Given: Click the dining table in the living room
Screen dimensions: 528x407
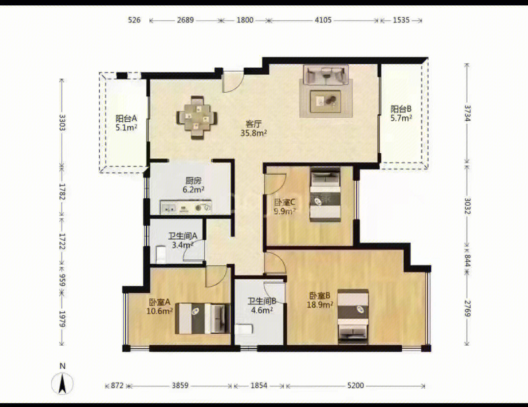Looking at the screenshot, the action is [x=196, y=118].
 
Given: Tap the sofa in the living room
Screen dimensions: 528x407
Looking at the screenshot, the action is [x=326, y=75].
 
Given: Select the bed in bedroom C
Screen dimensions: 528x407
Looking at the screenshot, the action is [x=325, y=194].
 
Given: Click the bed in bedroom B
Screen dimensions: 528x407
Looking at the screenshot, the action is [x=353, y=317].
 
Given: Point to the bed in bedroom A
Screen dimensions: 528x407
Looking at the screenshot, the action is [x=202, y=318].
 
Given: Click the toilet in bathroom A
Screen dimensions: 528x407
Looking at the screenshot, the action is [x=161, y=254].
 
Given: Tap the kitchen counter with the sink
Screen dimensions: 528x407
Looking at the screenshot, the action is [x=186, y=207].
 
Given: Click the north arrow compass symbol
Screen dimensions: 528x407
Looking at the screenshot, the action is [x=62, y=383].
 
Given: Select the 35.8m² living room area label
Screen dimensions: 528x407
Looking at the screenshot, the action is [x=253, y=133].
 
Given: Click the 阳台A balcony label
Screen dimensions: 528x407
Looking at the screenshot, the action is [x=126, y=118].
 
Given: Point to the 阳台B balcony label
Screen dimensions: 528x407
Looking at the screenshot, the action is [x=401, y=109].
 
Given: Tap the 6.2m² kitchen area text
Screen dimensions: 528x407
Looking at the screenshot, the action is [x=194, y=190].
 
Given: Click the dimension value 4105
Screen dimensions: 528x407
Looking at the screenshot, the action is [x=323, y=20].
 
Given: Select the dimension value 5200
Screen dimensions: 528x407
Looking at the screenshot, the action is [x=356, y=385].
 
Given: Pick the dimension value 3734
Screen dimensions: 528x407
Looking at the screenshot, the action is [x=468, y=113].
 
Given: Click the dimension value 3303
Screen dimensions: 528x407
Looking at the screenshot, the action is [x=62, y=123].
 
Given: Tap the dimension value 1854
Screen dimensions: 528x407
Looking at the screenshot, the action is [x=259, y=385].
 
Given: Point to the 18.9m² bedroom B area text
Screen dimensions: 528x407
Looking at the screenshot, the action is [x=320, y=305].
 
